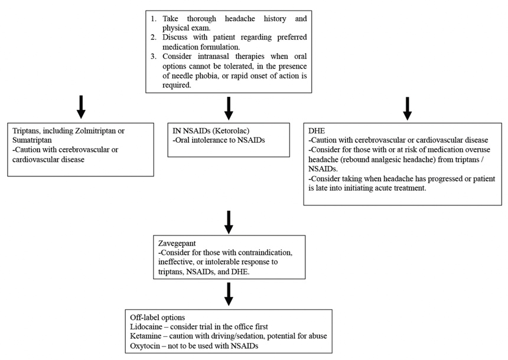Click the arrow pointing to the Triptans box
click(82, 107)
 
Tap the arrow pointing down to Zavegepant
click(229, 221)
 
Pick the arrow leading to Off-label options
click(229, 293)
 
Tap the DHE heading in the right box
click(317, 130)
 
